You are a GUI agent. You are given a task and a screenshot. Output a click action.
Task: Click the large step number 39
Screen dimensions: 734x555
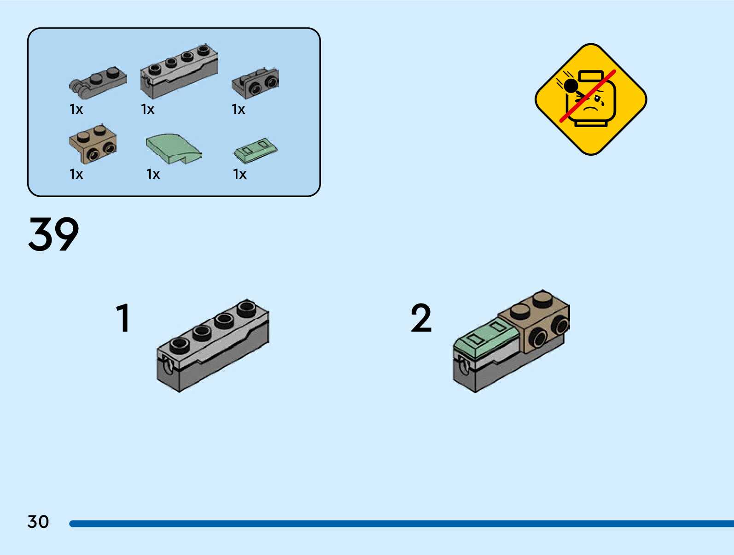(x=53, y=234)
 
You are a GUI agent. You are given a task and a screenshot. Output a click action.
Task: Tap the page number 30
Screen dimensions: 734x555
(x=38, y=522)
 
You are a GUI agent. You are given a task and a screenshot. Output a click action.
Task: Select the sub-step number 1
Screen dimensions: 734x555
(x=123, y=318)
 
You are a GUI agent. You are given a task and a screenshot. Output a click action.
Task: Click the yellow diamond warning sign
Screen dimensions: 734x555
(x=591, y=99)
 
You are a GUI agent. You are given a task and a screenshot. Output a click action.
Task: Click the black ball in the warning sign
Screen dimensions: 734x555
(x=571, y=86)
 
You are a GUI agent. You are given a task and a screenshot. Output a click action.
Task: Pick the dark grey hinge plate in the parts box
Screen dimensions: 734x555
(x=98, y=83)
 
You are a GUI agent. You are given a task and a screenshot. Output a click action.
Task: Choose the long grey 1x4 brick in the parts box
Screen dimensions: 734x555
(x=179, y=71)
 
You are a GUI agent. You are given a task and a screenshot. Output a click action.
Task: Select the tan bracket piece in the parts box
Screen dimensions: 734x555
(x=93, y=143)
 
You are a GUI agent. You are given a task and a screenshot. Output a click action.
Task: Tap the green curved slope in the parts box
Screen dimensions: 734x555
(x=173, y=148)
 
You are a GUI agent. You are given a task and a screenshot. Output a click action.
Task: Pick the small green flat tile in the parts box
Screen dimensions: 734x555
(x=256, y=150)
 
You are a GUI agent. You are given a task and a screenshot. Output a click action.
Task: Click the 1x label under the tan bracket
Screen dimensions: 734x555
(x=76, y=174)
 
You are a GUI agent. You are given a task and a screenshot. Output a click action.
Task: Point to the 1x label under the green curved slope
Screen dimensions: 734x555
(x=153, y=174)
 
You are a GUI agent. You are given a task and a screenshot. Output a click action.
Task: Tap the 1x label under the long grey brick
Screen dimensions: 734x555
(x=148, y=109)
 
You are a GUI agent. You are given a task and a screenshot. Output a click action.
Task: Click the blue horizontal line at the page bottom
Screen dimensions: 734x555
(x=401, y=524)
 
